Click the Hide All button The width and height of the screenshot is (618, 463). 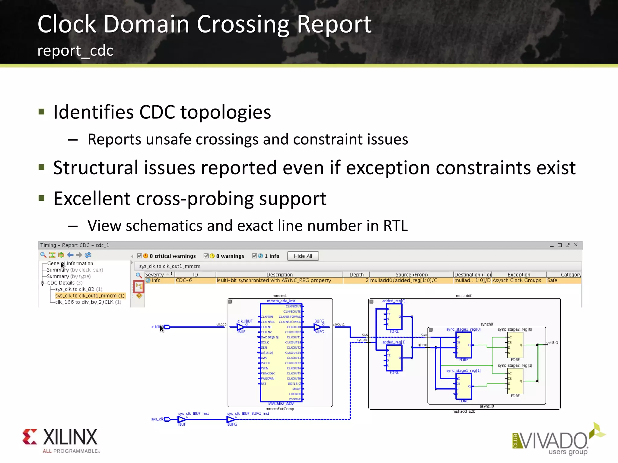[303, 256]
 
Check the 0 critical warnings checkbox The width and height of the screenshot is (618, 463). [139, 256]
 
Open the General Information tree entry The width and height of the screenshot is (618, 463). [70, 263]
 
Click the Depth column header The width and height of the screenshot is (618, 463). [356, 275]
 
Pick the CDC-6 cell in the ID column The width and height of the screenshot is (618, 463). [184, 280]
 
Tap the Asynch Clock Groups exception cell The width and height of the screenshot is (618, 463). [517, 280]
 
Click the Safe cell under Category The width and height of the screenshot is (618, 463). [552, 280]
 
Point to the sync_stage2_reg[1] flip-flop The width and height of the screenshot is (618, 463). [515, 381]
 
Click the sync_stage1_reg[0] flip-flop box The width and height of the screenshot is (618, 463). [464, 345]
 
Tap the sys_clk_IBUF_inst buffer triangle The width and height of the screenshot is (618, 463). [182, 419]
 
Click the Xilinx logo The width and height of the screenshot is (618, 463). [60, 440]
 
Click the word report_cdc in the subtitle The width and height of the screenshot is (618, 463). [75, 51]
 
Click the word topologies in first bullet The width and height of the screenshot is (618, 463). [225, 112]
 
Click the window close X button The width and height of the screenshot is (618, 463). [575, 245]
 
